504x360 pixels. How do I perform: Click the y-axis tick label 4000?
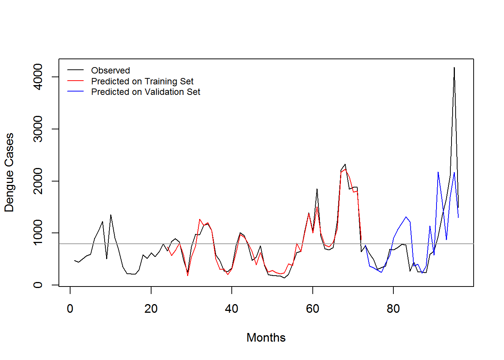click(x=38, y=77)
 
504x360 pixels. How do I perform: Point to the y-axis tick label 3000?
click(x=38, y=129)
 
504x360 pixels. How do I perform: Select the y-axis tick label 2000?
click(x=38, y=181)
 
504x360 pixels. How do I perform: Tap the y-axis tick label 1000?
click(x=38, y=233)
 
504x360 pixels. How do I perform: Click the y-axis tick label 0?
click(x=38, y=285)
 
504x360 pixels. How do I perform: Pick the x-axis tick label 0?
click(x=70, y=309)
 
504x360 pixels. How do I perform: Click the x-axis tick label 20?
click(x=151, y=309)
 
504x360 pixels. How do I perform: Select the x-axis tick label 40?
click(x=232, y=309)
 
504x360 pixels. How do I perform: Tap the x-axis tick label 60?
click(x=312, y=309)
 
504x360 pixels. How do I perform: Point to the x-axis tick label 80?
click(x=393, y=309)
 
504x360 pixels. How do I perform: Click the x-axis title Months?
click(x=266, y=337)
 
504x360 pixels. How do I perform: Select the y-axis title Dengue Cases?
click(x=9, y=172)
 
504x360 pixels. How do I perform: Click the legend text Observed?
click(x=110, y=70)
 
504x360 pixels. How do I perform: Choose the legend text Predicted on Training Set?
click(x=142, y=81)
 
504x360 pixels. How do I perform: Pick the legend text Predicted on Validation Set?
click(x=145, y=92)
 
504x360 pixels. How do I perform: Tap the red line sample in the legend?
click(x=75, y=81)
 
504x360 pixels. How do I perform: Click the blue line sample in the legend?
click(x=75, y=91)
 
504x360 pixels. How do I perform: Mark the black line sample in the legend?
click(x=75, y=70)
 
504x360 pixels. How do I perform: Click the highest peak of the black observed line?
click(x=454, y=68)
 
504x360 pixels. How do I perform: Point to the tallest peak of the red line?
click(x=345, y=169)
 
